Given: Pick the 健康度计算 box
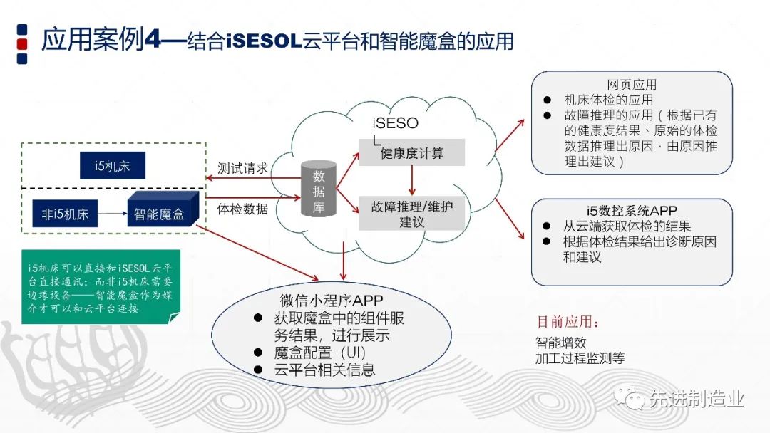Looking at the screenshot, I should point(411,153).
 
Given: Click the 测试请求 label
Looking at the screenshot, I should point(242,168).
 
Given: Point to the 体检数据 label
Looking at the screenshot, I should point(242,209).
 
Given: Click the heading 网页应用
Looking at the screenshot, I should point(632,85).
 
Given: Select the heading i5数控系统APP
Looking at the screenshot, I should point(632,211).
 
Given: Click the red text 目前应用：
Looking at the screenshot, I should point(568,322).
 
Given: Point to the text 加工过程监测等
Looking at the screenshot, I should point(580,358).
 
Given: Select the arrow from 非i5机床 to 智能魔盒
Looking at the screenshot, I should point(112,213).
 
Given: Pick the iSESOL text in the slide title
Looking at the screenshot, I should point(261,41).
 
